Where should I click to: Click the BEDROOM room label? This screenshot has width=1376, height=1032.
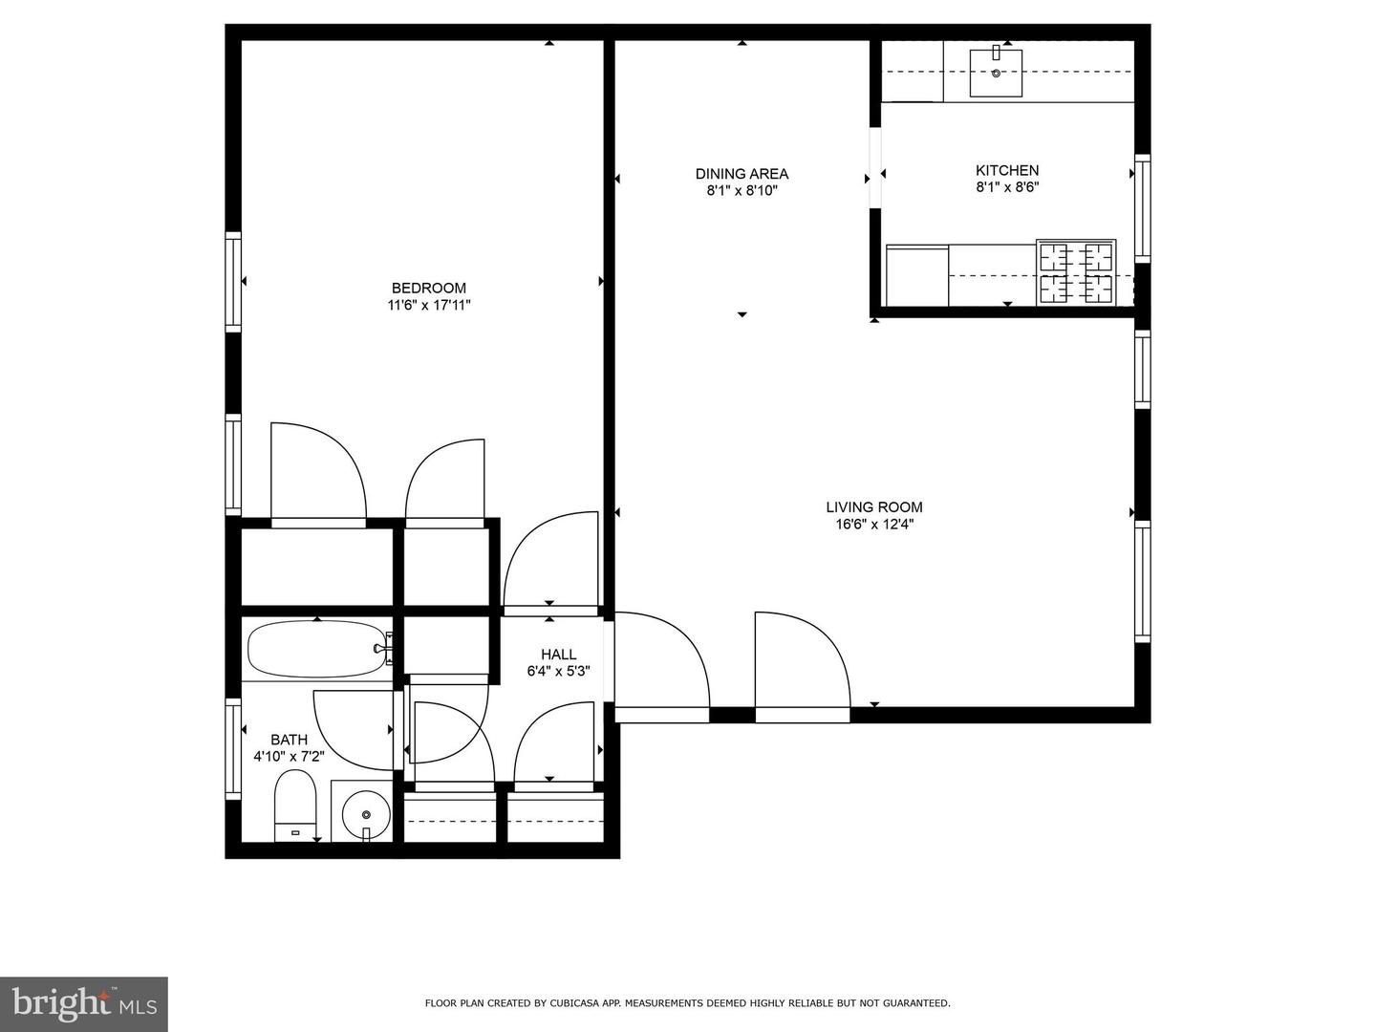point(428,288)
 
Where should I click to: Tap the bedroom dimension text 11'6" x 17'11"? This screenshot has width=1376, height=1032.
point(428,305)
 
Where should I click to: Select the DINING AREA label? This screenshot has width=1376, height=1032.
point(742,173)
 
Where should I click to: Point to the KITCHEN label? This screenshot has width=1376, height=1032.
point(1007,170)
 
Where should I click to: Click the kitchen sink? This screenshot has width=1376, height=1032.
point(996,73)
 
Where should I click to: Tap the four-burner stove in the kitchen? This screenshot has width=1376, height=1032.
point(1076,272)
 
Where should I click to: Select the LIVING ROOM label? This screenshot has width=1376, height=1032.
point(874,507)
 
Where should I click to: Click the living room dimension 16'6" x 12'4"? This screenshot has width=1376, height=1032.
point(874,524)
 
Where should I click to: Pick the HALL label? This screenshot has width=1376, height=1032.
point(558,655)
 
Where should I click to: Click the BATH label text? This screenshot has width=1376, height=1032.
point(289,740)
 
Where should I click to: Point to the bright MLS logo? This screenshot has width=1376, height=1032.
point(83,1003)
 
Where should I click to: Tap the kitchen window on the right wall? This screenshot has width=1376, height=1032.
point(1142,207)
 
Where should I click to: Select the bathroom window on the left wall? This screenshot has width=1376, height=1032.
point(232,749)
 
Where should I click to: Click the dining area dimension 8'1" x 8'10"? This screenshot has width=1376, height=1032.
point(742,190)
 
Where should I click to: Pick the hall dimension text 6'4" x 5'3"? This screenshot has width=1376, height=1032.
point(558,671)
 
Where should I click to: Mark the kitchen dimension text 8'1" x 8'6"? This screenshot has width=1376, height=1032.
point(1007,187)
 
